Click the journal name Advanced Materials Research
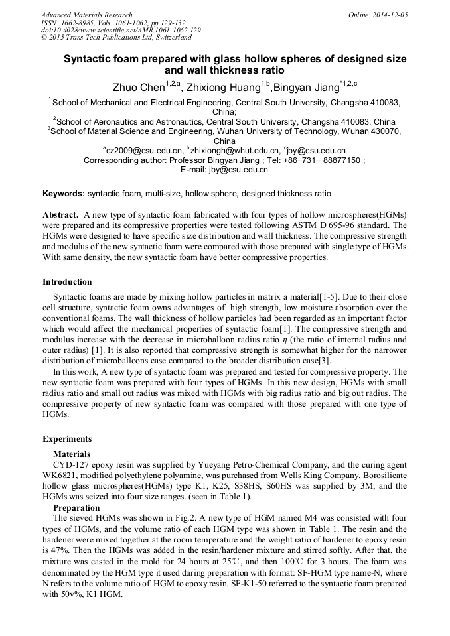coord(86,14)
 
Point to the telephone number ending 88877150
coord(335,160)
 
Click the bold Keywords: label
coord(64,194)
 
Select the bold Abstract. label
coord(61,216)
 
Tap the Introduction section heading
coord(67,282)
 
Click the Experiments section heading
coord(67,438)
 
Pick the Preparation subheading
coord(76,507)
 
